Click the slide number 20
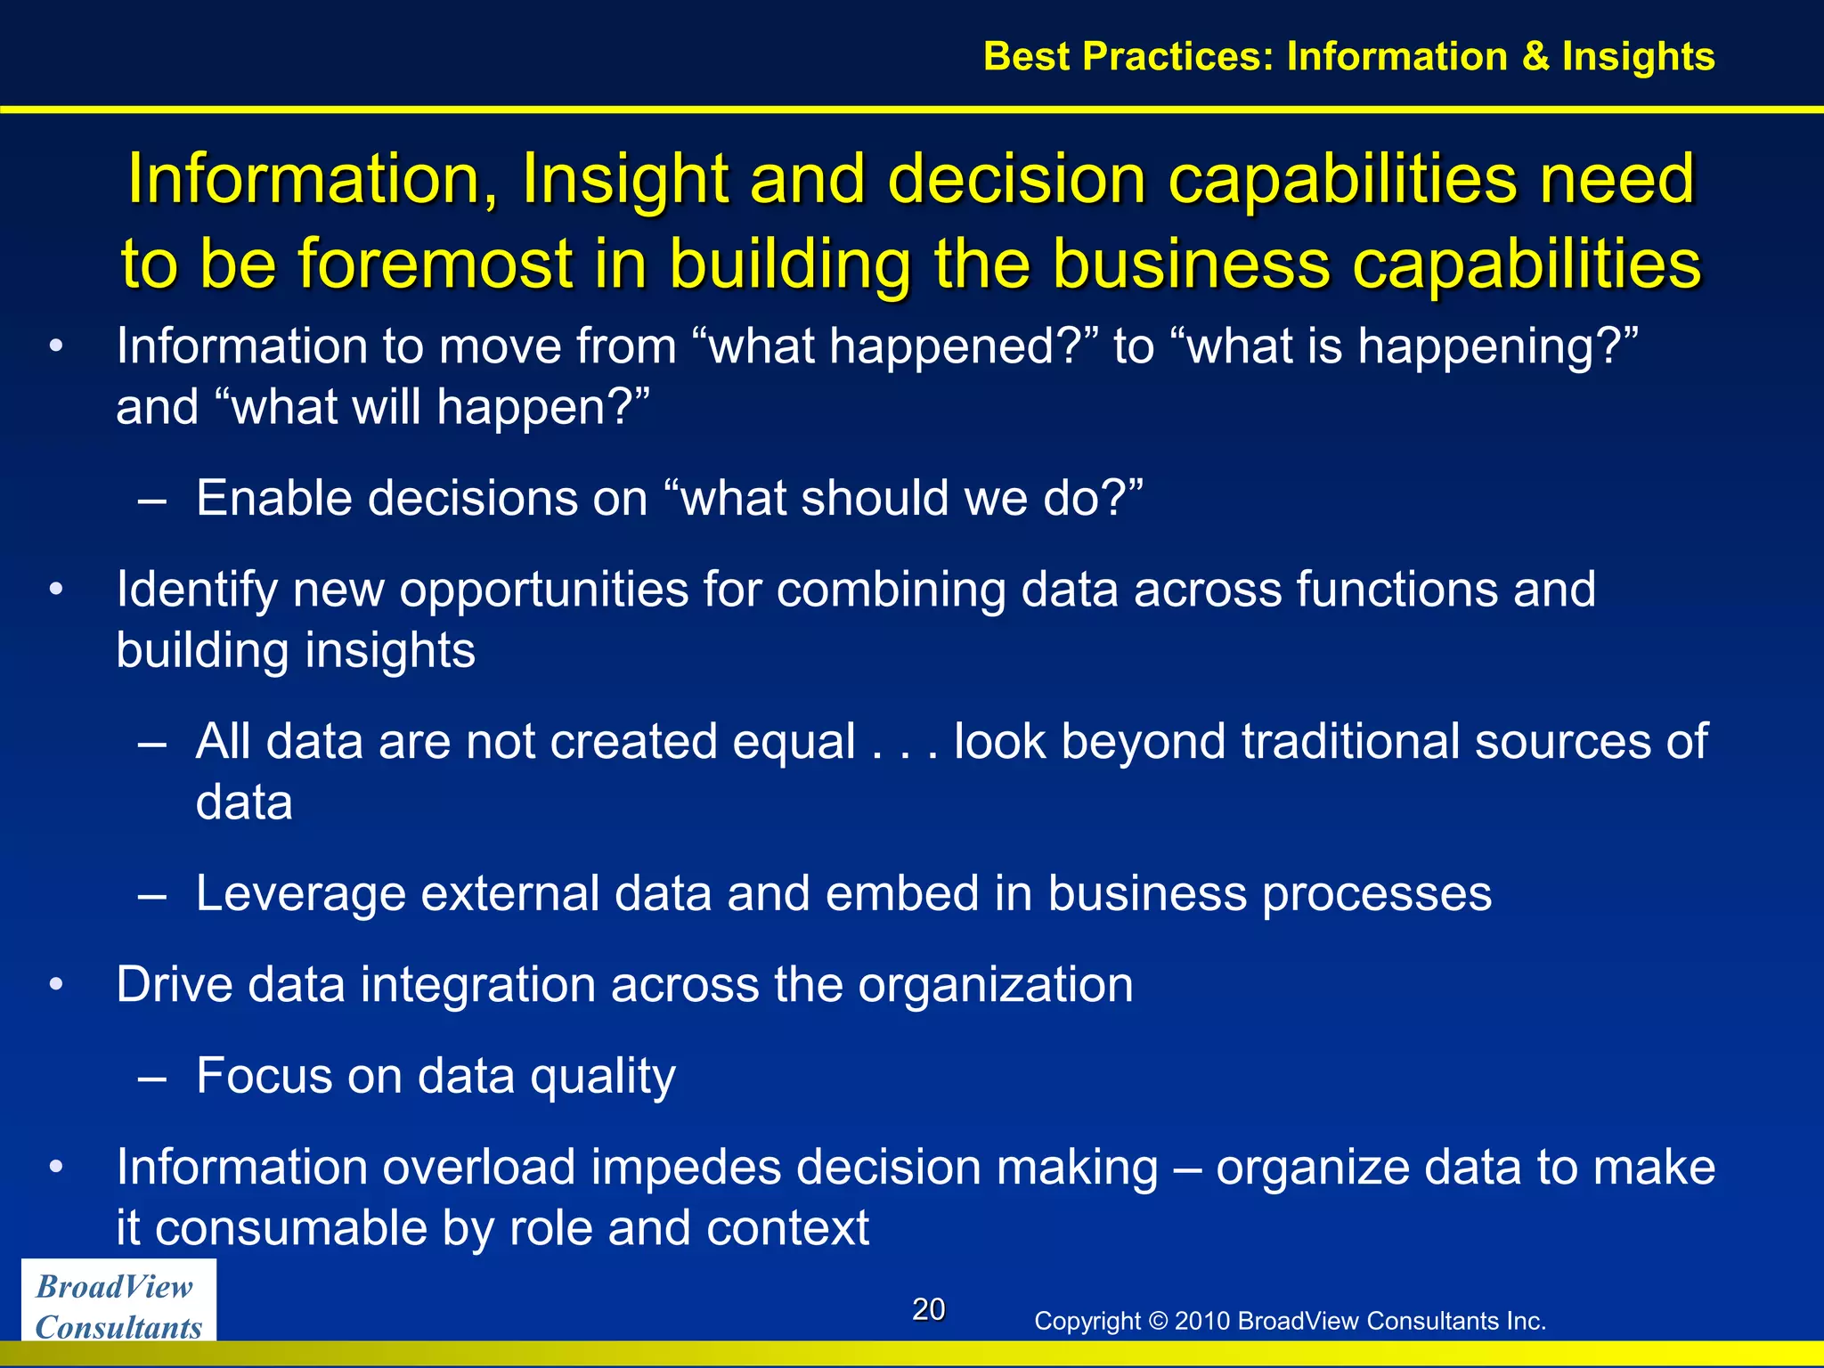[x=928, y=1309]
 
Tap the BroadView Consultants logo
[x=118, y=1306]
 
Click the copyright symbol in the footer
[x=1158, y=1321]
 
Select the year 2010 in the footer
[x=1202, y=1321]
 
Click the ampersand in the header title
[x=1535, y=56]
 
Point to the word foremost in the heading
[x=436, y=264]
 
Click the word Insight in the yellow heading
[x=624, y=178]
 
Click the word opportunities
[x=544, y=590]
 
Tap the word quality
[x=603, y=1077]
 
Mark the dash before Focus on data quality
[x=152, y=1077]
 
